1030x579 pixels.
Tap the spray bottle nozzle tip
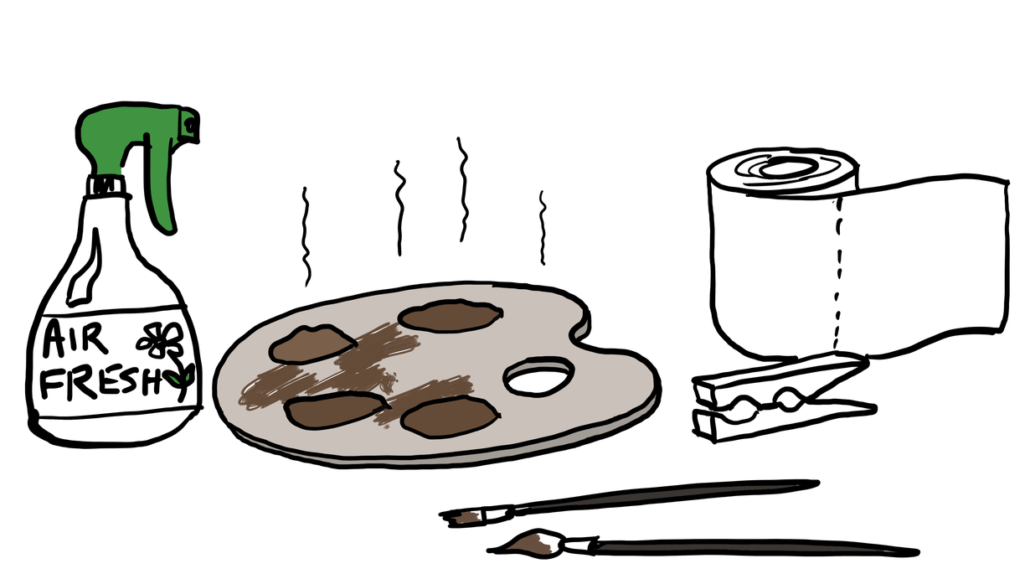[x=191, y=125]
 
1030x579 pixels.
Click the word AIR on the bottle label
[x=75, y=339]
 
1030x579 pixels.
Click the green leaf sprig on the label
[x=182, y=376]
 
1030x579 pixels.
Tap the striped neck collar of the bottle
[x=107, y=185]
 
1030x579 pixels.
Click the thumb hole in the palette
[x=539, y=376]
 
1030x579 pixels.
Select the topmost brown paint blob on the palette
[x=450, y=316]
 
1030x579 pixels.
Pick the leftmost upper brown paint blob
[x=312, y=344]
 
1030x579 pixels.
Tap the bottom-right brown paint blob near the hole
[x=450, y=417]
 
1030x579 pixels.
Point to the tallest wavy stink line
[x=462, y=189]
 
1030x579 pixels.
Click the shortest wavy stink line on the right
[x=543, y=228]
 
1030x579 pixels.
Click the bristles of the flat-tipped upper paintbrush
[x=462, y=517]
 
